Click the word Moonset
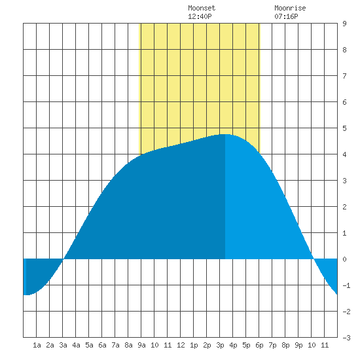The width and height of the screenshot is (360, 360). pos(202,8)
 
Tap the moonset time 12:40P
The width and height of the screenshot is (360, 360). pos(200,16)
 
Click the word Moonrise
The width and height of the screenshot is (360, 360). pos(290,8)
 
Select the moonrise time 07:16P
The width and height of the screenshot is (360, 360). pos(286,16)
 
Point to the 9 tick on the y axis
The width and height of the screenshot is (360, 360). pos(344,24)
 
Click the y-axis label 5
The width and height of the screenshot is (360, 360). pos(344,128)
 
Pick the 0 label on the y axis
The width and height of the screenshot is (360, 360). pos(344,259)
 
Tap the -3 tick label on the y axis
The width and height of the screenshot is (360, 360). pos(346,338)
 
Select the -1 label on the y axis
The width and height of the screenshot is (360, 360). pos(346,285)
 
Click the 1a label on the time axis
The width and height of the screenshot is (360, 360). pos(37,345)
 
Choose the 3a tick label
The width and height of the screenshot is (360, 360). pos(63,345)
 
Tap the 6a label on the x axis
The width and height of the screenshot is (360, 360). pos(102,345)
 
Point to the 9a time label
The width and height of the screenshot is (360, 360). pos(141,345)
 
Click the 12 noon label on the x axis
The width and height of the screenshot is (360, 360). pos(181,345)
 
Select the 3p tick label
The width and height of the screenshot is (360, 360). pos(220,345)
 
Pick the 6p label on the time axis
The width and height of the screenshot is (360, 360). pos(259,345)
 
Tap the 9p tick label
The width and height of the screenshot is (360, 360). pos(298,345)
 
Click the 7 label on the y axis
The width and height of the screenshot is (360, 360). pos(344,76)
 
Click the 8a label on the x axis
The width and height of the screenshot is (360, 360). pos(128,345)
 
